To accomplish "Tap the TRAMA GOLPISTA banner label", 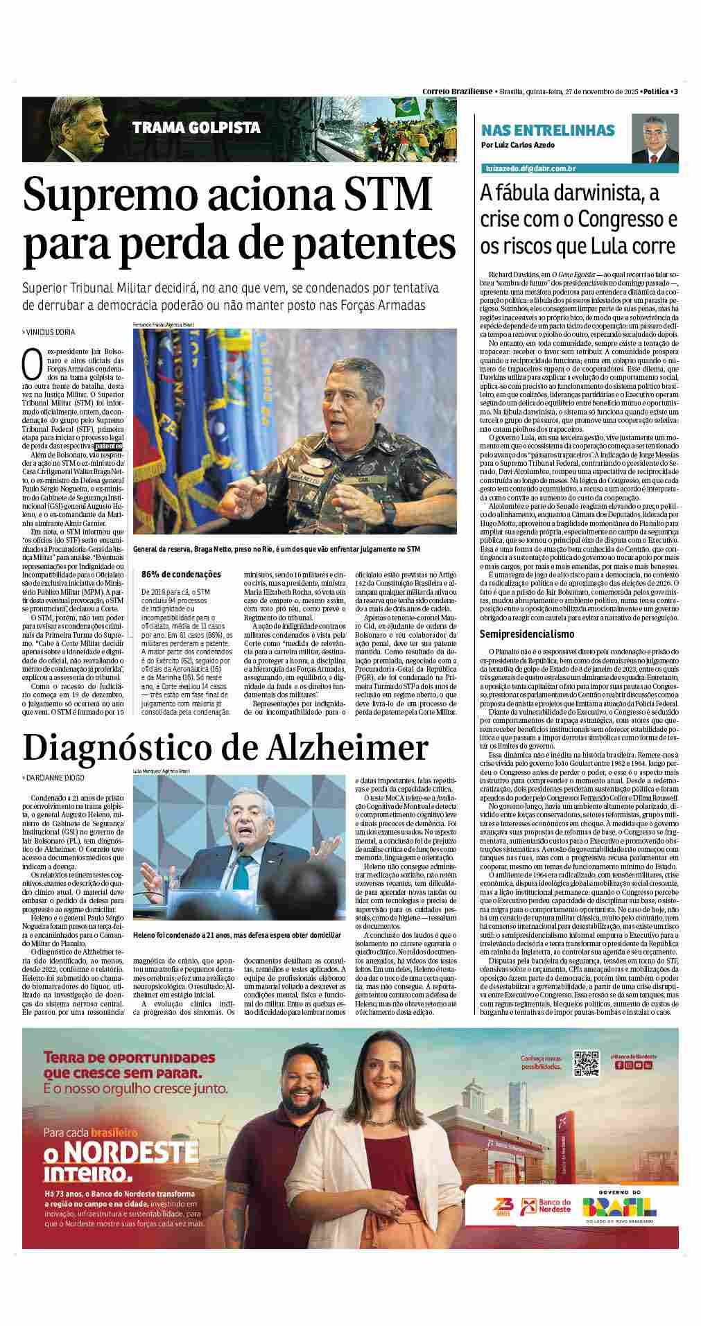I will (196, 128).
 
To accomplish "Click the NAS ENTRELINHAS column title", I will (548, 130).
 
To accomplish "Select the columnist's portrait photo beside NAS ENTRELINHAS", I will (654, 139).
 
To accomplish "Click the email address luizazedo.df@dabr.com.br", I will (531, 168).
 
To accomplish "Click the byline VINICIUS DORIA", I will (50, 332).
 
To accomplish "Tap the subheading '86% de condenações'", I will (181, 574).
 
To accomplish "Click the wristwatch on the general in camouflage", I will (390, 512).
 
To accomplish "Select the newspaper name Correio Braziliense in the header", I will (457, 91).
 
